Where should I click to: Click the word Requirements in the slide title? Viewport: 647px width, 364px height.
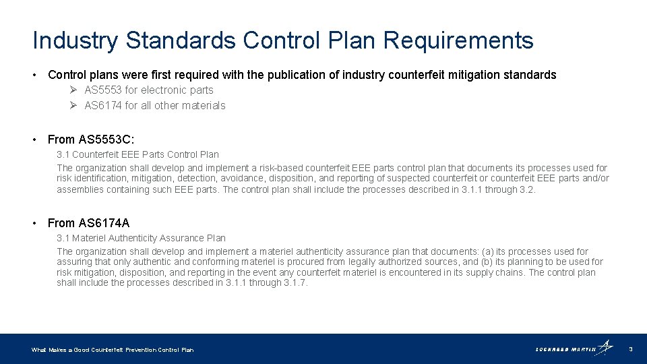coord(458,40)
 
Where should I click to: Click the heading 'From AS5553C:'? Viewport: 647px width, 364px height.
coord(91,140)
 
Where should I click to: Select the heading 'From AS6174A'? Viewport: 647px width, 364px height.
coord(88,223)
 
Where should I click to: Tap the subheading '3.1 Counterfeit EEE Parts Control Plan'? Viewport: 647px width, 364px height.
coord(137,154)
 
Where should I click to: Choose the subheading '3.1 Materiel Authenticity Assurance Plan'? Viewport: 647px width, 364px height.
coord(141,238)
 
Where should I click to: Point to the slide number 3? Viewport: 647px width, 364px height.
coord(630,349)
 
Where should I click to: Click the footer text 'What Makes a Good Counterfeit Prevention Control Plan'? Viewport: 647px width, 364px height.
coord(113,350)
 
